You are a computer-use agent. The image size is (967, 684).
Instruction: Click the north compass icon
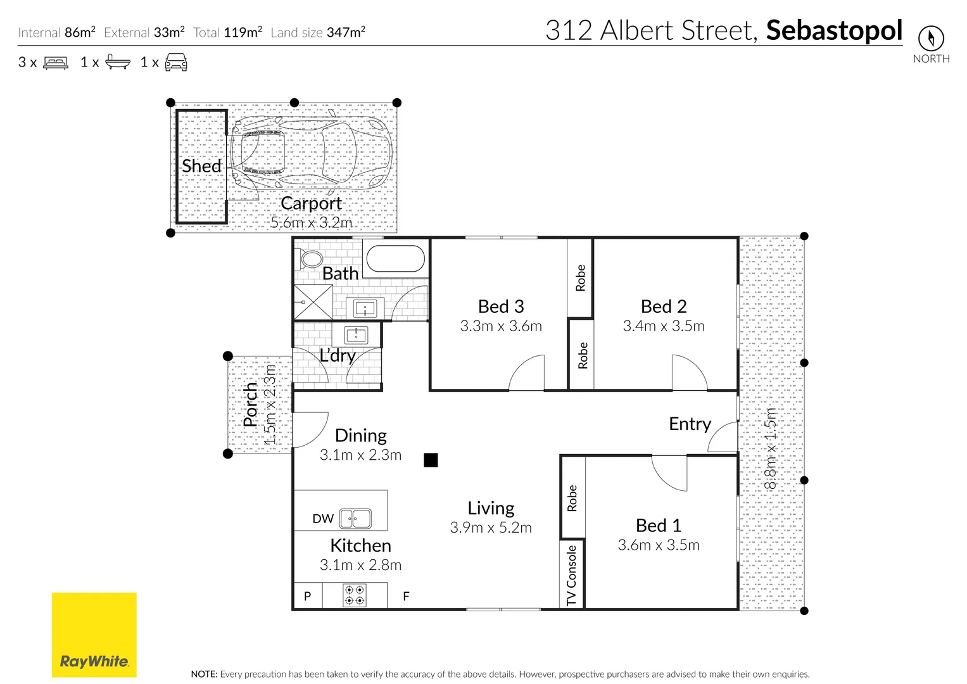point(930,39)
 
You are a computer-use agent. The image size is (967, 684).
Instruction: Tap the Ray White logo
point(94,635)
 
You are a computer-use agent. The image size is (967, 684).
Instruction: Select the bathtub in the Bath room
point(396,259)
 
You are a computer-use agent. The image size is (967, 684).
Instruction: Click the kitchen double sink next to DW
point(355,519)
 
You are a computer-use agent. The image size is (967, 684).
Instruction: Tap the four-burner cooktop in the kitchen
point(354,595)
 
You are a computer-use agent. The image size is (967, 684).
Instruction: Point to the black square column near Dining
point(431,460)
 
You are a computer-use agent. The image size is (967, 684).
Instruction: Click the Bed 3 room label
point(501,307)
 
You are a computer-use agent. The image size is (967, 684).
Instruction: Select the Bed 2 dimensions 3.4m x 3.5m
point(664,326)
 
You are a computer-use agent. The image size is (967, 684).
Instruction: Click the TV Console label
point(572,575)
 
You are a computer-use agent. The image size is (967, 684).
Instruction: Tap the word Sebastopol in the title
point(833,30)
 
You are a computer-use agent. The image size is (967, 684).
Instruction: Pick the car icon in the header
point(176,62)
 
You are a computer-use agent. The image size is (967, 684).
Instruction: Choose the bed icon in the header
point(56,63)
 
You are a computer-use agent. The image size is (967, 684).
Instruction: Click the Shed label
point(201,166)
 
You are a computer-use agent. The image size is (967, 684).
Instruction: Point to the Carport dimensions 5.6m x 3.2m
point(311,222)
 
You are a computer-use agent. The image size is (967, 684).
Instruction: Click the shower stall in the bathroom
point(313,302)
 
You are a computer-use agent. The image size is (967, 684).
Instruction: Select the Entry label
point(690,424)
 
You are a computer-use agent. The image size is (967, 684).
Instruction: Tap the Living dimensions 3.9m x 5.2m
point(491,528)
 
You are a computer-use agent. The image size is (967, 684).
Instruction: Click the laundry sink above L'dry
point(356,334)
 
